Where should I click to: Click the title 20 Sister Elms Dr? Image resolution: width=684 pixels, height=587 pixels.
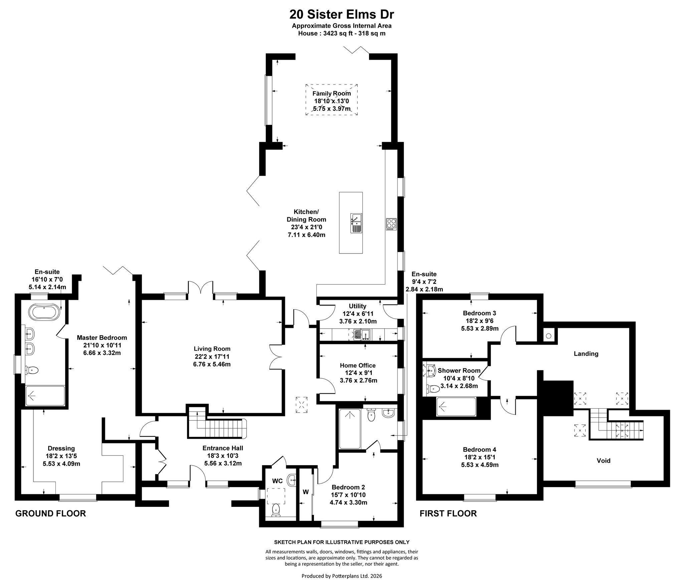[342, 14]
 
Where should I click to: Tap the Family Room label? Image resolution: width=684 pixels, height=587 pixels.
[332, 93]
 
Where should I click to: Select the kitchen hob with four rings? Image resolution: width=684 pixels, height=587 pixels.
[391, 224]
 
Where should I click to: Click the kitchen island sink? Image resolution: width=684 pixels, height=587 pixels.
[356, 223]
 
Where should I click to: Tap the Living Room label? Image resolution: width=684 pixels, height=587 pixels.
[212, 349]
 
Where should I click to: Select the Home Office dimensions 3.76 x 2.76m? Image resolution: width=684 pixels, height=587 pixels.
[358, 380]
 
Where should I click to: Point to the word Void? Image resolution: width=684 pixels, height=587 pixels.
[604, 461]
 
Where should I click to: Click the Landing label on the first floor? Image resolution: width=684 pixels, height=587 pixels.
[586, 354]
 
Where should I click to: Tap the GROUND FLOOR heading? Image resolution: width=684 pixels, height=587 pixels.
[51, 514]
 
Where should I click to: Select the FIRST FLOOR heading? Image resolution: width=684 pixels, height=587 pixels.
[448, 514]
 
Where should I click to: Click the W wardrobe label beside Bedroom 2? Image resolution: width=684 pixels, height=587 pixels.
[306, 492]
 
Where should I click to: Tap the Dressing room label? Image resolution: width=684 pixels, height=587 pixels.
[61, 448]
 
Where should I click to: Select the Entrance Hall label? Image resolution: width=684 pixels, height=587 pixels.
[223, 448]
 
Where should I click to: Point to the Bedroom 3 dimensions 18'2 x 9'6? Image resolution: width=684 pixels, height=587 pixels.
[480, 321]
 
